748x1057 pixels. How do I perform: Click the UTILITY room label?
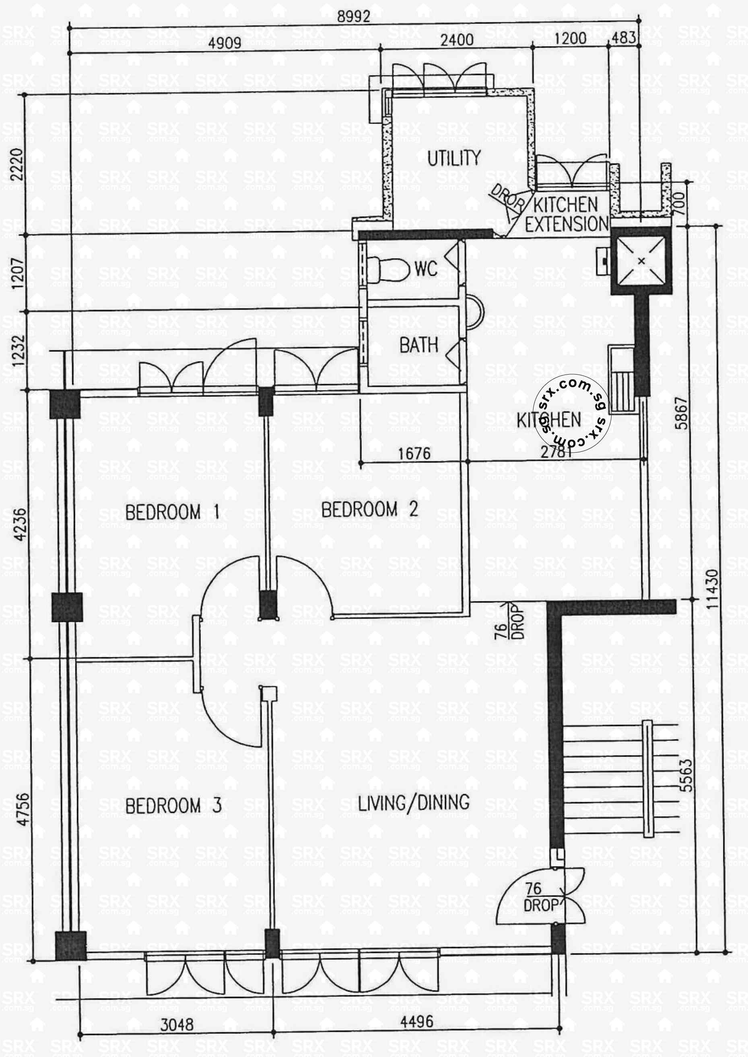454,158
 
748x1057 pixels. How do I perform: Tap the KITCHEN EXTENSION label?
567,214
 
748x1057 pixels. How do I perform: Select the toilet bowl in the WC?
389,270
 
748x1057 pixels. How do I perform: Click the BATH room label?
418,345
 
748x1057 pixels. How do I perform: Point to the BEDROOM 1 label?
172,512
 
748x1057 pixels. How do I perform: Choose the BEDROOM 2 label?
369,509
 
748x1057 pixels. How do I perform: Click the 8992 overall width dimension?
353,16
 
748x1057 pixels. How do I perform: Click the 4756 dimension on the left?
22,809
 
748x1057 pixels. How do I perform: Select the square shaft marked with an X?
641,261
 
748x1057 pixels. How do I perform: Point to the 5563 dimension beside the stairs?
686,775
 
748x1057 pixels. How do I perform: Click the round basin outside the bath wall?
474,312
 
